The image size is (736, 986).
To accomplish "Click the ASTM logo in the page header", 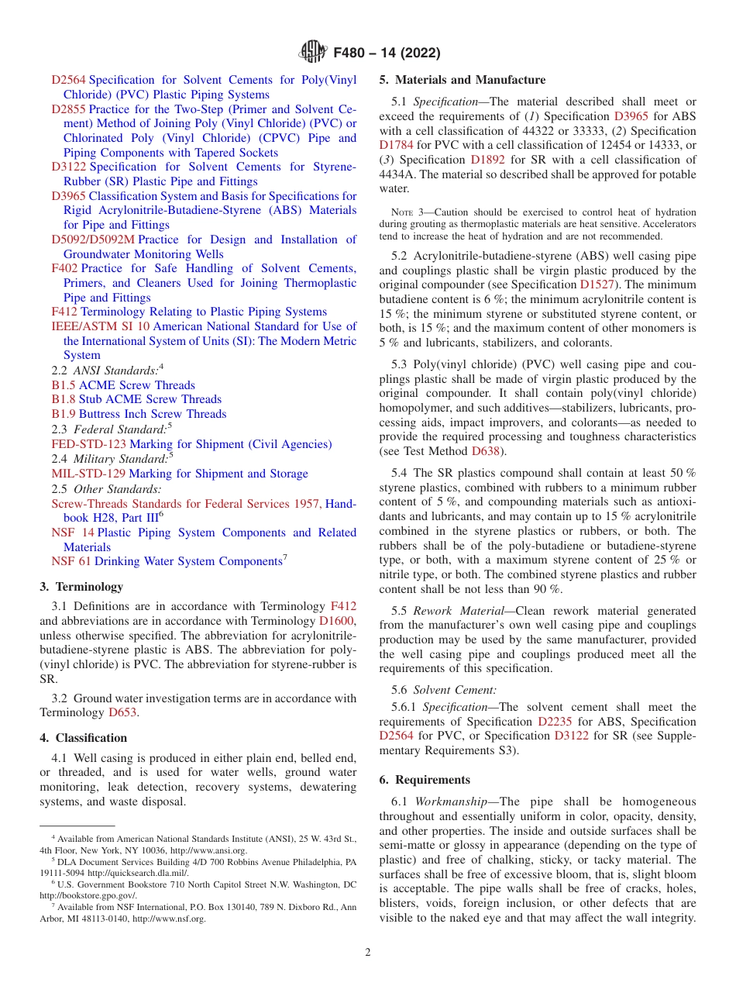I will pyautogui.click(x=313, y=53).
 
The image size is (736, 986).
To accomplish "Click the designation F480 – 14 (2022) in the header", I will pyautogui.click(x=387, y=53).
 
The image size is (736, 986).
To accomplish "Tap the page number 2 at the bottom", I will pyautogui.click(x=368, y=953).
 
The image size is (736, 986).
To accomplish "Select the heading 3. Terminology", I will pyautogui.click(x=81, y=587).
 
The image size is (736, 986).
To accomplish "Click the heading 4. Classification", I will pyautogui.click(x=83, y=737).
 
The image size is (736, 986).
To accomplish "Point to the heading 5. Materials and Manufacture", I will pyautogui.click(x=462, y=80).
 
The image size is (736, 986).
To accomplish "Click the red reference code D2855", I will pyautogui.click(x=68, y=109).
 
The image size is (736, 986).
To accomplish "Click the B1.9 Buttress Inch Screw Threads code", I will pyautogui.click(x=64, y=414).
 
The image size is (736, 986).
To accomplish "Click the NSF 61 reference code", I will pyautogui.click(x=71, y=561).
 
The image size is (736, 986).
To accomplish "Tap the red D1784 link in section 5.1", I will pyautogui.click(x=396, y=145).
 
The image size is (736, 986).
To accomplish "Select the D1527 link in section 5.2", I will pyautogui.click(x=596, y=284).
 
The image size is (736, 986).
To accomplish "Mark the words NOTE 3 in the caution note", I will pyautogui.click(x=405, y=212).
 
